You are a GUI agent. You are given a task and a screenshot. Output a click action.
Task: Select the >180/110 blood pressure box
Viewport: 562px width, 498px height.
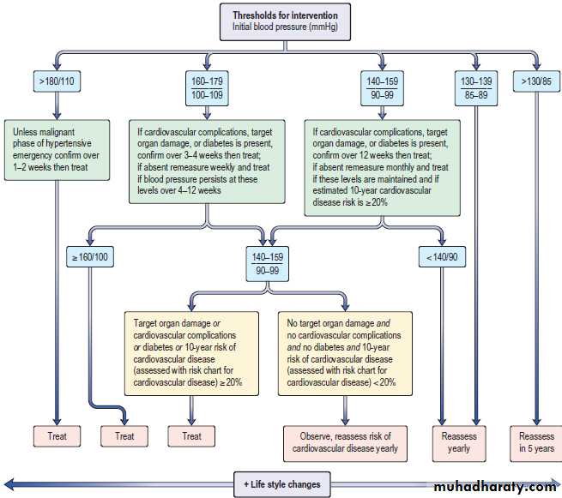[x=57, y=82]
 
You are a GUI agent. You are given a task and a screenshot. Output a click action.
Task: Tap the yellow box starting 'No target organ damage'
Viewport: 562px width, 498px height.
[x=348, y=352]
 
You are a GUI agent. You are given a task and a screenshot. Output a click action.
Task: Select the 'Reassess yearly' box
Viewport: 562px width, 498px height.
[x=459, y=441]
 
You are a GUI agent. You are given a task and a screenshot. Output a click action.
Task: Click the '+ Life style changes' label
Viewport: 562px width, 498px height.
[x=281, y=484]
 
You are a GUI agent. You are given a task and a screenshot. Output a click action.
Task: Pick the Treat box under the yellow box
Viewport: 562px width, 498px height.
[x=191, y=436]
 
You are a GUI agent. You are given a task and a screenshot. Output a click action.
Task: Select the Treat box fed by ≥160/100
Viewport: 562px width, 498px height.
[x=124, y=436]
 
